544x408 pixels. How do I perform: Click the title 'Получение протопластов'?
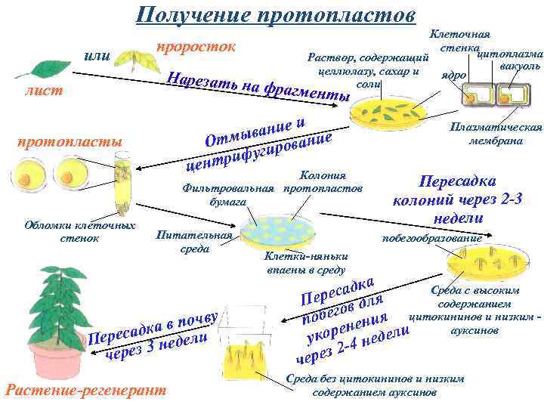[x=275, y=16]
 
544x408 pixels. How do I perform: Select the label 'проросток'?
[x=196, y=47]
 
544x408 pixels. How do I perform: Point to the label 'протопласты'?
[x=60, y=142]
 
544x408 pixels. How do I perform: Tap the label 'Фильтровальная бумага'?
[x=227, y=195]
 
